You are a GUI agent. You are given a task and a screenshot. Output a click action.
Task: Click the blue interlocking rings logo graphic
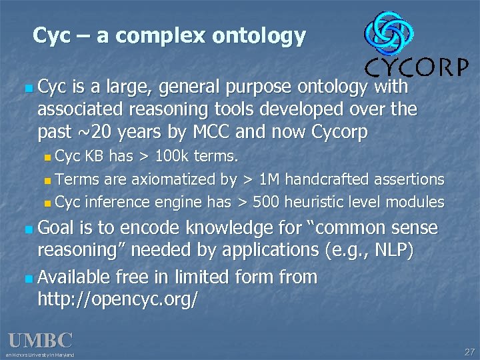(x=389, y=34)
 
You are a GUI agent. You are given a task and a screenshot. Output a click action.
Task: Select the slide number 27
(x=468, y=351)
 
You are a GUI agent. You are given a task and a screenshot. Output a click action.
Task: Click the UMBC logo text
(x=40, y=341)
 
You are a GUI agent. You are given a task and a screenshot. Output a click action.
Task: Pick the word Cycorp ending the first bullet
(x=339, y=132)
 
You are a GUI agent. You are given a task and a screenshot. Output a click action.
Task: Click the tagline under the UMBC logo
(x=40, y=355)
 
